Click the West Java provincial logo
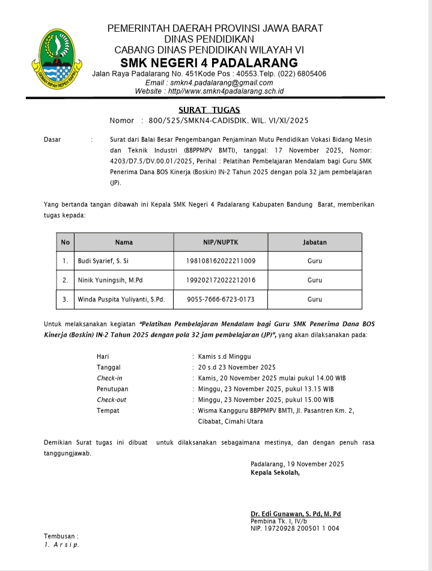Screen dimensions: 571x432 point(58,58)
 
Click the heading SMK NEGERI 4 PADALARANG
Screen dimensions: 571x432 point(208,63)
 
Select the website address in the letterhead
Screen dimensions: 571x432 point(209,91)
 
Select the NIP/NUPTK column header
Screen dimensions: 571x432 point(221,242)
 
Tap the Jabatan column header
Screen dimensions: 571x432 point(315,242)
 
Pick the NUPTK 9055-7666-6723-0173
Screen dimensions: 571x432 point(221,299)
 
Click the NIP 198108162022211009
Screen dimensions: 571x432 point(221,261)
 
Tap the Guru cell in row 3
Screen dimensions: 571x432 point(315,299)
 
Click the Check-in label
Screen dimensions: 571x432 point(109,378)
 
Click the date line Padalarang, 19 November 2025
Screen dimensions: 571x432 point(297,464)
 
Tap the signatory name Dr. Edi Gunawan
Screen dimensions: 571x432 point(296,514)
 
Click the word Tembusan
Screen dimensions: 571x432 point(61,536)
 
